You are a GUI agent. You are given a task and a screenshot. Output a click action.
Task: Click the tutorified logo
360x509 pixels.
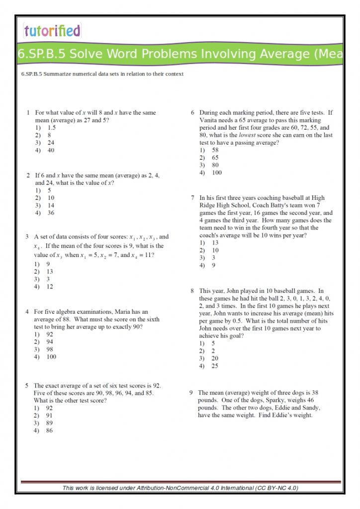tap(52, 31)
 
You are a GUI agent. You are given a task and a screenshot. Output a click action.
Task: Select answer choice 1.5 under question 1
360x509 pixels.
tap(52, 128)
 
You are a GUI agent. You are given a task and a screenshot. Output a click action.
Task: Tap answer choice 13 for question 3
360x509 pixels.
tap(50, 271)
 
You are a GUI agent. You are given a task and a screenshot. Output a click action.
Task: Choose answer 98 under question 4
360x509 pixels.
tap(50, 349)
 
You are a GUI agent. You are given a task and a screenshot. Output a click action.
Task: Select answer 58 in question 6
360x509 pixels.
tap(215, 150)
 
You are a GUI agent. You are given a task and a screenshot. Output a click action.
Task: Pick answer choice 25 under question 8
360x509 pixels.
tap(215, 366)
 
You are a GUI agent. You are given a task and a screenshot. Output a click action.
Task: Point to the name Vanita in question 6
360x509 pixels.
tap(208, 120)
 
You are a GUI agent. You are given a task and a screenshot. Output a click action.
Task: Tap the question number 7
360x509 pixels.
tap(192, 198)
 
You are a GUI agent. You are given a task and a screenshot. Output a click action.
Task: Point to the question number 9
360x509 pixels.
tap(191, 393)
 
